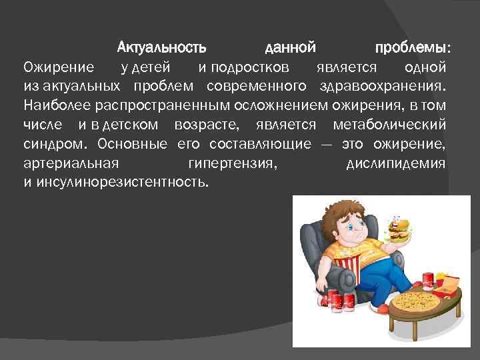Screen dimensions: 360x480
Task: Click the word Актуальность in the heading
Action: tap(161, 48)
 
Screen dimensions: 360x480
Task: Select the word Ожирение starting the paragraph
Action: tap(59, 67)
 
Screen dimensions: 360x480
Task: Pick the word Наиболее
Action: tap(53, 105)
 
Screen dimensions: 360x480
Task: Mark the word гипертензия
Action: tap(231, 163)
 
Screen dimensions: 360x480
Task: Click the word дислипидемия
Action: tap(397, 163)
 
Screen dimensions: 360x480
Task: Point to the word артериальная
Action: tap(71, 163)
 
